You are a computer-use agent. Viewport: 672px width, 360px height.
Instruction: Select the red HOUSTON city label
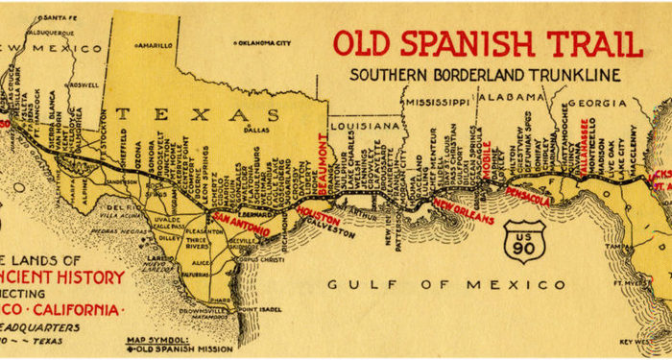click(x=320, y=211)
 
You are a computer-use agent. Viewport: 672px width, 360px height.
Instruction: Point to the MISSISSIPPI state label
click(x=437, y=101)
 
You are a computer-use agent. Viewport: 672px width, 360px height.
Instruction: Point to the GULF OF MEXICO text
click(x=446, y=285)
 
